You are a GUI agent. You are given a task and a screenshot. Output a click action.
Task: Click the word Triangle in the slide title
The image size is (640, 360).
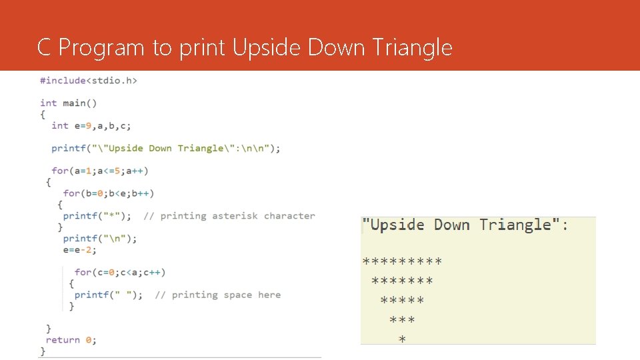point(413,48)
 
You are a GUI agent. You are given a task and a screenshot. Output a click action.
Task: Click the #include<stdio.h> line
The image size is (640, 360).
point(89,81)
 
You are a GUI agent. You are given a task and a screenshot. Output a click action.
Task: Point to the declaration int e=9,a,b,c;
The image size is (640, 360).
point(91,125)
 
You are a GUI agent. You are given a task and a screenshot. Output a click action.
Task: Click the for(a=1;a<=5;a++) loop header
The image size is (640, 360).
point(100,171)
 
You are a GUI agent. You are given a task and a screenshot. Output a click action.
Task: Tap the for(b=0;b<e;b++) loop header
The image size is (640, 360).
point(109,193)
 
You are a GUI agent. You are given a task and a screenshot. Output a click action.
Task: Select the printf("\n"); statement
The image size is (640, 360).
point(100,238)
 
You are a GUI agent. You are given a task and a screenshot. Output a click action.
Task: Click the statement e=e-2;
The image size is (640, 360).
point(80,250)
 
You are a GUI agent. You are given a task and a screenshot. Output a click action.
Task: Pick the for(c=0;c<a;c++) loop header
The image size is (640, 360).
point(120,272)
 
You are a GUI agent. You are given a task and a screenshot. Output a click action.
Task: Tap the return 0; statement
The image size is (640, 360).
point(71,340)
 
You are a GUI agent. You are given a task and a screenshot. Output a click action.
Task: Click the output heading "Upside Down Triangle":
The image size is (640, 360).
point(465,225)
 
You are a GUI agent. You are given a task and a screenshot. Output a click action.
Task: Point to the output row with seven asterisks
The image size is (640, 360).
point(402,281)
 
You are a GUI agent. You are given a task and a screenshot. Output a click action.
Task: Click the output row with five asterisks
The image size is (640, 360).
point(402,301)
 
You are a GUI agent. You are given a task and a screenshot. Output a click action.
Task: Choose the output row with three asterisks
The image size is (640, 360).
point(402,321)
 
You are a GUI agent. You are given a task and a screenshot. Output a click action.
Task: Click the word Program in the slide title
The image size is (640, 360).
point(101,48)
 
